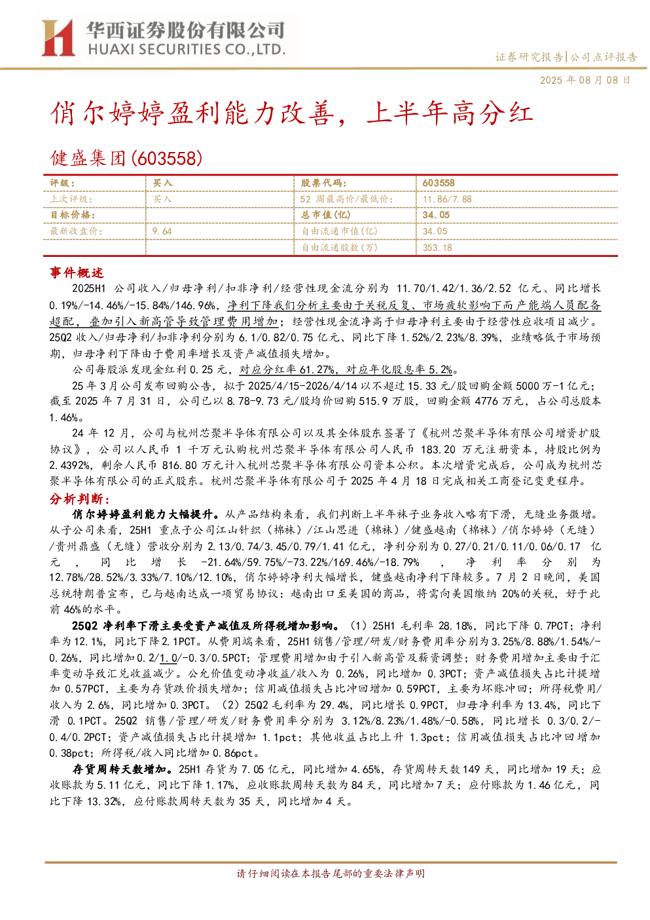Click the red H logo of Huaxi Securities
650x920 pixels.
click(x=58, y=38)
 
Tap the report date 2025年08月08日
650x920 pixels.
click(x=585, y=80)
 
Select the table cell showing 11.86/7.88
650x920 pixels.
click(x=447, y=199)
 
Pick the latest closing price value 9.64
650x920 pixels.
click(x=162, y=231)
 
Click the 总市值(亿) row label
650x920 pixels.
click(x=326, y=215)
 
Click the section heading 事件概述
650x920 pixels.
click(x=77, y=273)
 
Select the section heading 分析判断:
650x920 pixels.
click(x=80, y=499)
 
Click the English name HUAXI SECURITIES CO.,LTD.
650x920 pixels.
click(x=187, y=50)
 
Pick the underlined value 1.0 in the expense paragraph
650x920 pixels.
click(x=168, y=658)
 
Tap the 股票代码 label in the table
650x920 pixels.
click(x=323, y=183)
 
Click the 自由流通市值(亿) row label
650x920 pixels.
click(x=339, y=231)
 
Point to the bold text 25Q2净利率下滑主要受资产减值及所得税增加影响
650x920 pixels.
click(x=206, y=626)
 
